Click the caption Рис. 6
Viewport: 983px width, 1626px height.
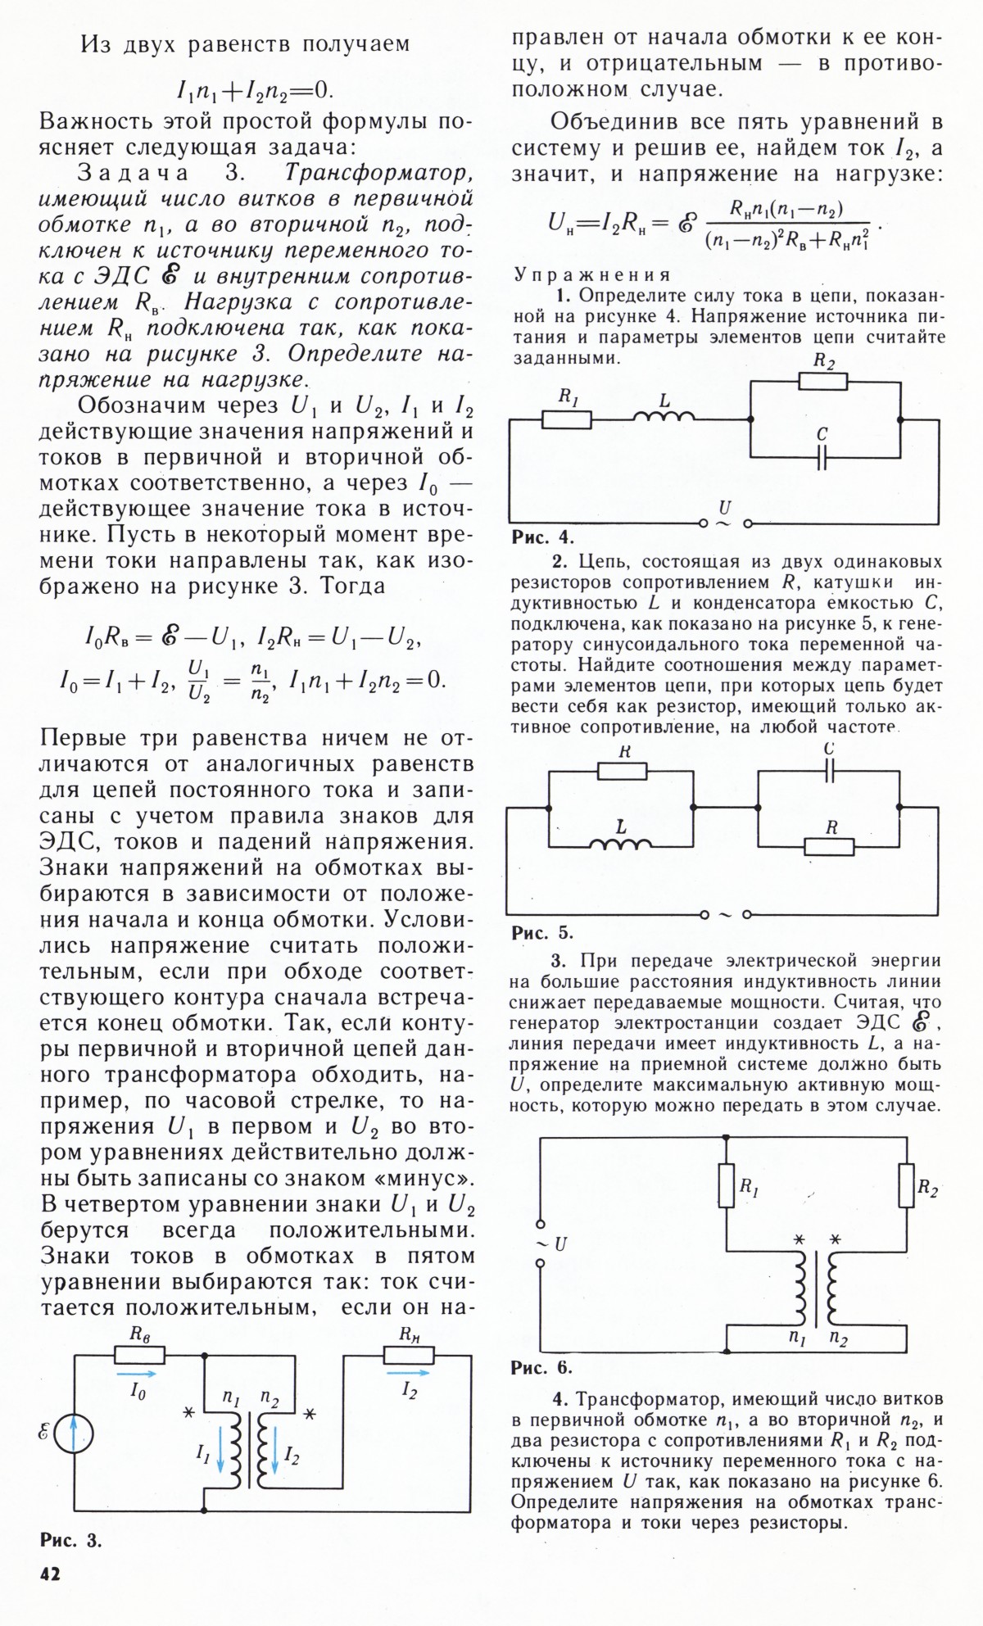[541, 1366]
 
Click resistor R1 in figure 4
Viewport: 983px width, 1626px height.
[566, 420]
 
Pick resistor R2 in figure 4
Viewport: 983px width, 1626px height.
[822, 381]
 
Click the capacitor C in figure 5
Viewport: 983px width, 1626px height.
[829, 771]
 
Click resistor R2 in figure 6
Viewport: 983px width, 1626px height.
[906, 1186]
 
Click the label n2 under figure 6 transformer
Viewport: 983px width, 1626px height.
[839, 1339]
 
